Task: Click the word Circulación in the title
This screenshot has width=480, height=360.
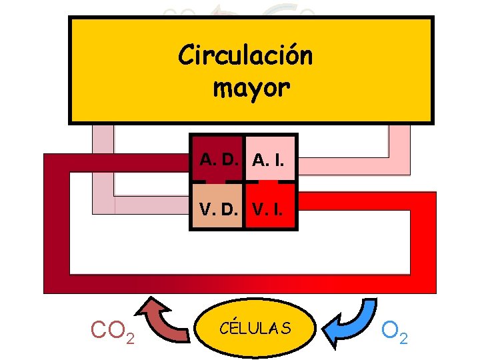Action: point(245,55)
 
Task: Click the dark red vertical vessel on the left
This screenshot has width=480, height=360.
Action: point(57,227)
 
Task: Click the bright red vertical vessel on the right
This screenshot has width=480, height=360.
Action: point(424,240)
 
